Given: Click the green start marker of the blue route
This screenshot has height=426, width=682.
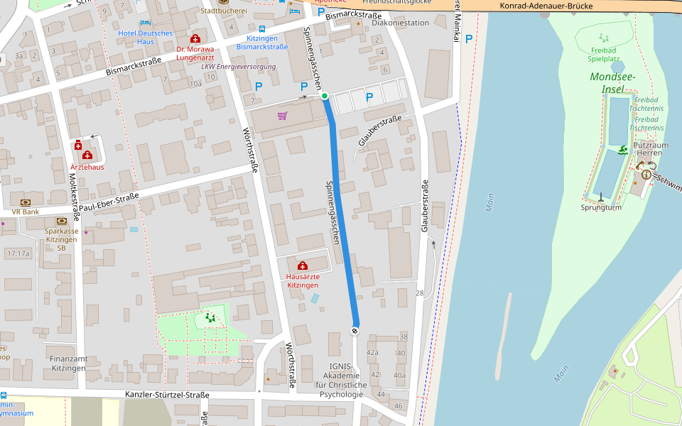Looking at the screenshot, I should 325,96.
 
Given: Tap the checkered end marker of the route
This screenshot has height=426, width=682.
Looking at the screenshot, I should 354,331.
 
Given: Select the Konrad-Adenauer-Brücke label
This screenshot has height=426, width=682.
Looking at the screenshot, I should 546,6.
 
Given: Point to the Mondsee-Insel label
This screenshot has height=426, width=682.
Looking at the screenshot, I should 612,82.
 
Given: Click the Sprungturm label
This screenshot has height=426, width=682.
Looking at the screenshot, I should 601,208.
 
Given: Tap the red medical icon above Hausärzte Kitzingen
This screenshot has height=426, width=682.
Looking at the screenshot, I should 303,266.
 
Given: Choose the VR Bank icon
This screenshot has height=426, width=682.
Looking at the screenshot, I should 26,202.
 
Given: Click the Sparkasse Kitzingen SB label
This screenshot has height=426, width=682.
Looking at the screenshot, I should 61,239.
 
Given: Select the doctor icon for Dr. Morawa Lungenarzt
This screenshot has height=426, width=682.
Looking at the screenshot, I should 195,38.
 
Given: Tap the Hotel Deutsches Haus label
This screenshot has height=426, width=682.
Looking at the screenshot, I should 146,37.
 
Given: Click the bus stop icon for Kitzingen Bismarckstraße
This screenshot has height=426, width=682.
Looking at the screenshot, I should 263,28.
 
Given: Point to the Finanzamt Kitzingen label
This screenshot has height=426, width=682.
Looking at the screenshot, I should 68,364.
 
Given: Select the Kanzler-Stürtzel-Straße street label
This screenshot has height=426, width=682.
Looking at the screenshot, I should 167,395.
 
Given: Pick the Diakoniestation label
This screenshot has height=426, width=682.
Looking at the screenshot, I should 401,23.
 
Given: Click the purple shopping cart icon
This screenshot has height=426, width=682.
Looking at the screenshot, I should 282,115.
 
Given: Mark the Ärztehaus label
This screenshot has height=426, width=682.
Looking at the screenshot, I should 87,167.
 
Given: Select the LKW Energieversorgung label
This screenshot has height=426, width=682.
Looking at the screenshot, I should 239,67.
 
